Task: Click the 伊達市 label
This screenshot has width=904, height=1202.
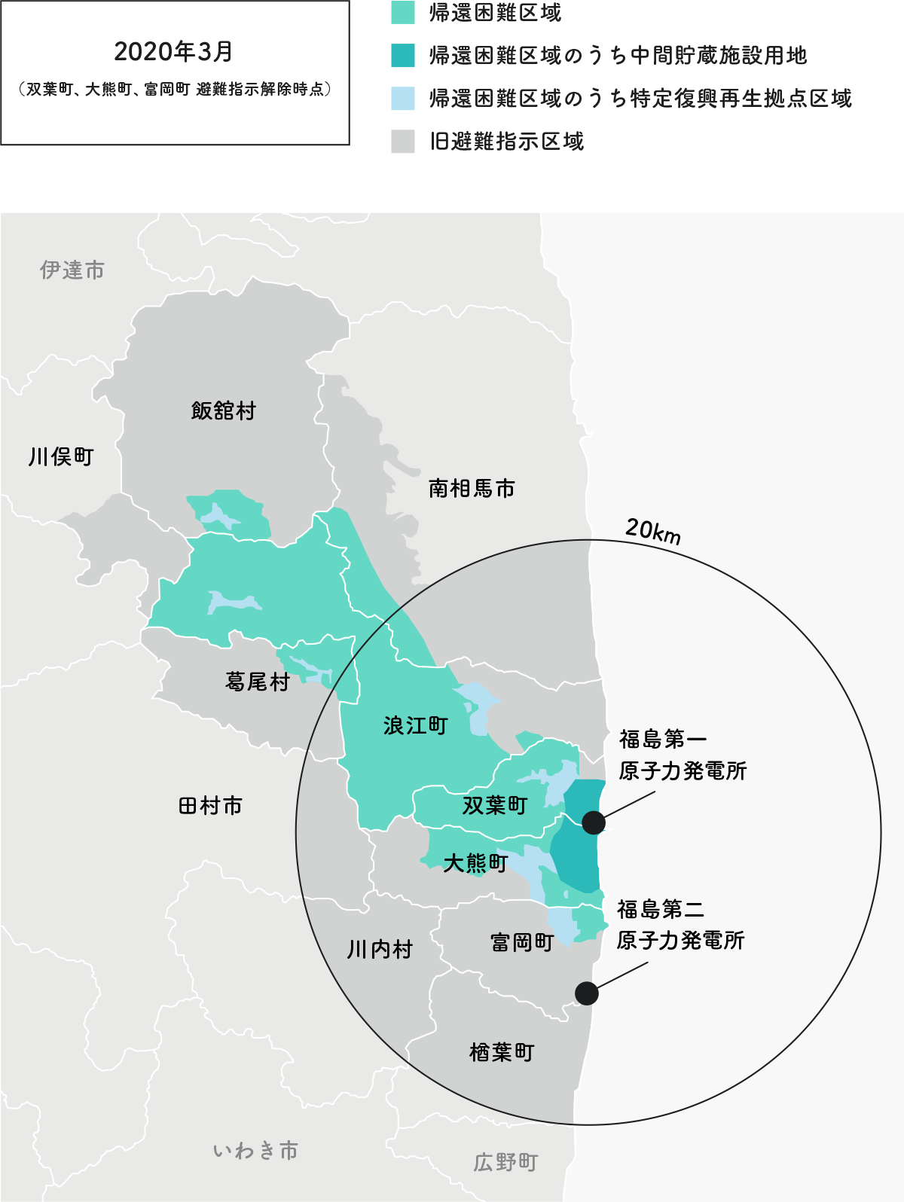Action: pyautogui.click(x=72, y=270)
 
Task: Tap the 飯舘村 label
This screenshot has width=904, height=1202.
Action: pyautogui.click(x=224, y=410)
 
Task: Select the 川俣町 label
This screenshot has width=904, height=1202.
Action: pyautogui.click(x=61, y=456)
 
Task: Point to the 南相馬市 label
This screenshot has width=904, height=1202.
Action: pyautogui.click(x=472, y=489)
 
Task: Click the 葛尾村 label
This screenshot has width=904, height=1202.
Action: pyautogui.click(x=258, y=682)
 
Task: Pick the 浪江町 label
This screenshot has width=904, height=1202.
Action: pyautogui.click(x=415, y=725)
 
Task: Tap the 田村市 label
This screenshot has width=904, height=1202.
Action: pyautogui.click(x=211, y=806)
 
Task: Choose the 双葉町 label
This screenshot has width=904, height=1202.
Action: pyautogui.click(x=495, y=805)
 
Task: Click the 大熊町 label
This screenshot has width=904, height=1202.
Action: pyautogui.click(x=475, y=863)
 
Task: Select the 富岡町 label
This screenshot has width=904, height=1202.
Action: pyautogui.click(x=522, y=942)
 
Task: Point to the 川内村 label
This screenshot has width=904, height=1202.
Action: pyautogui.click(x=380, y=949)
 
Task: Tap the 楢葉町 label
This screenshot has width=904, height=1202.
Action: pyautogui.click(x=502, y=1052)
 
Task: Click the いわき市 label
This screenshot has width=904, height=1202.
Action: pyautogui.click(x=255, y=1151)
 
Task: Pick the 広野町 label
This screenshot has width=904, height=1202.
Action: pyautogui.click(x=505, y=1162)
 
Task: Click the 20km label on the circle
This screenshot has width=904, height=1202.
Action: pyautogui.click(x=653, y=531)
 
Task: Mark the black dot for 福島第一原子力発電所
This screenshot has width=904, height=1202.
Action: pyautogui.click(x=594, y=822)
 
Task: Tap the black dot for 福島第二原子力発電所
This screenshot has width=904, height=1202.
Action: pyautogui.click(x=587, y=993)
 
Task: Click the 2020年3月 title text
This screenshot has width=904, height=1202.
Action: pyautogui.click(x=173, y=51)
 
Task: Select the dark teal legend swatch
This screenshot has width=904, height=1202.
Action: pyautogui.click(x=403, y=56)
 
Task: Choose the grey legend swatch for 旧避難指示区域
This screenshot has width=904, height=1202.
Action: pyautogui.click(x=403, y=142)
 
